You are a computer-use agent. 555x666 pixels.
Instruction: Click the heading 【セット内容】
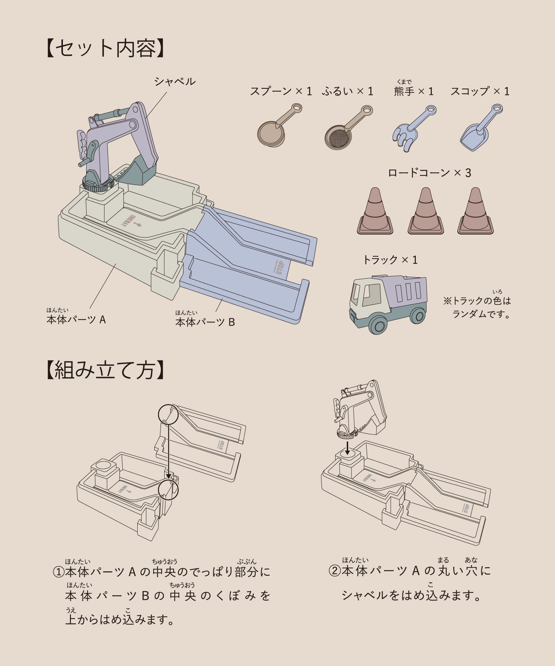point(105,48)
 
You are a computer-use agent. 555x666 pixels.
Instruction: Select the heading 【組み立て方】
point(105,370)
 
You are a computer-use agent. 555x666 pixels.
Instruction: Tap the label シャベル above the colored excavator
point(175,81)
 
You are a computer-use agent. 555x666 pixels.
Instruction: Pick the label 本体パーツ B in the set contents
point(205,322)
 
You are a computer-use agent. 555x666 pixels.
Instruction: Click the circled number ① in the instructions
point(59,572)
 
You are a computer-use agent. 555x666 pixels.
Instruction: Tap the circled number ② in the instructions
point(334,571)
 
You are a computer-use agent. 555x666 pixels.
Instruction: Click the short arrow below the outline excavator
point(347,447)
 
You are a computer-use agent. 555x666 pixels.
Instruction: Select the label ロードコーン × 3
point(430,173)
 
